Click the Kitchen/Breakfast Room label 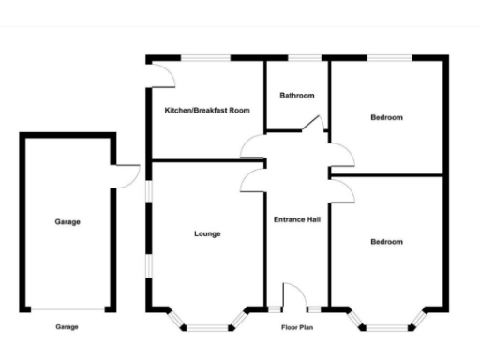click(207, 111)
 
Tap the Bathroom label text click(297, 96)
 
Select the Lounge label click(207, 233)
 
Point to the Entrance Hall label click(297, 220)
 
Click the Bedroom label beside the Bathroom click(386, 117)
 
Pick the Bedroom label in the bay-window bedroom click(386, 242)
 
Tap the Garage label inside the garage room click(67, 222)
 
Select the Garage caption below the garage click(67, 327)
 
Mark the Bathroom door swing click(317, 123)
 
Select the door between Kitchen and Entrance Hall click(253, 146)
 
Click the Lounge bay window click(207, 324)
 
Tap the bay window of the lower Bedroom click(386, 324)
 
